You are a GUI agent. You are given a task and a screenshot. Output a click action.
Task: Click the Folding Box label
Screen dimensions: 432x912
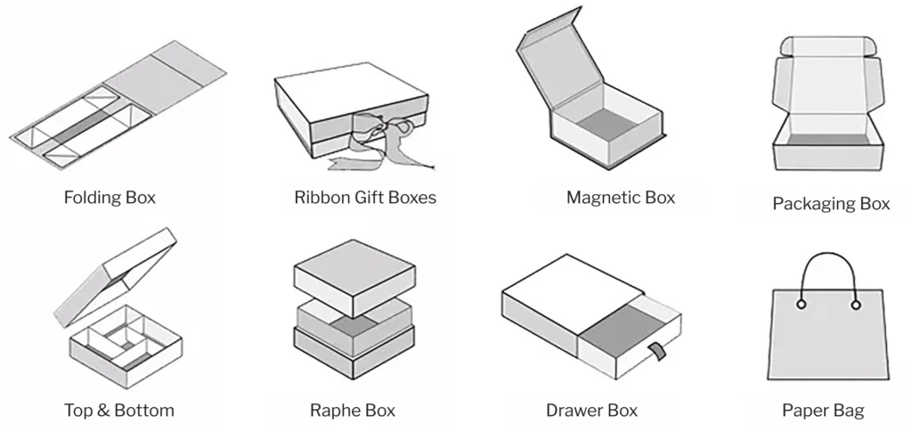click(x=110, y=198)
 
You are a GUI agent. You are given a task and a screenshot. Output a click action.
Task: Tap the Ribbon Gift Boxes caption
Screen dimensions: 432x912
click(x=365, y=198)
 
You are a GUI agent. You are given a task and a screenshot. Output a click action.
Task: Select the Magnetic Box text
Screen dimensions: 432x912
click(x=621, y=198)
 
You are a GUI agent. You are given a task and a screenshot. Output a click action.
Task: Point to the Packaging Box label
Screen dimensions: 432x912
click(x=831, y=204)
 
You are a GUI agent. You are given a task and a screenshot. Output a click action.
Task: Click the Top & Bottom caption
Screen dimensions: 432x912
click(x=118, y=411)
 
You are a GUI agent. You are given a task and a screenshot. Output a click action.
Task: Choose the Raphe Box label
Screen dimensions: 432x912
click(x=353, y=411)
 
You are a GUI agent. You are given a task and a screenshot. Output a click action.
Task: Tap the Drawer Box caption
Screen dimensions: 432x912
click(x=591, y=411)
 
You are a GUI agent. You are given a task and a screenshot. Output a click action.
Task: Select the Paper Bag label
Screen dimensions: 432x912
click(x=823, y=411)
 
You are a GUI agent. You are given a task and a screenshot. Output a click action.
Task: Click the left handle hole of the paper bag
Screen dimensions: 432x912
click(x=801, y=306)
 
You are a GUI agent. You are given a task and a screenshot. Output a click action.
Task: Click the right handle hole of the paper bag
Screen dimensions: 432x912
click(x=856, y=306)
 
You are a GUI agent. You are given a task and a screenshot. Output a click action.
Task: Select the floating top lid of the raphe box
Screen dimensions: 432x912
click(x=354, y=272)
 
